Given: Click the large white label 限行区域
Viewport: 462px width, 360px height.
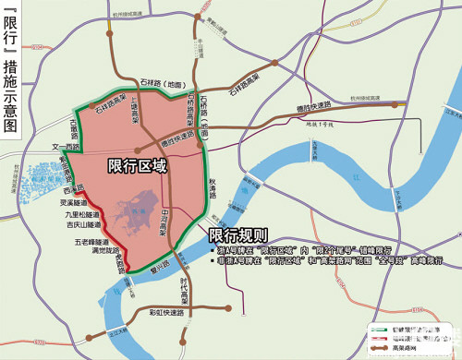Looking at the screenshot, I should coord(138,166).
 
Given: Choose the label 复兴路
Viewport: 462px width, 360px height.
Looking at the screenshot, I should coord(153,272).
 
